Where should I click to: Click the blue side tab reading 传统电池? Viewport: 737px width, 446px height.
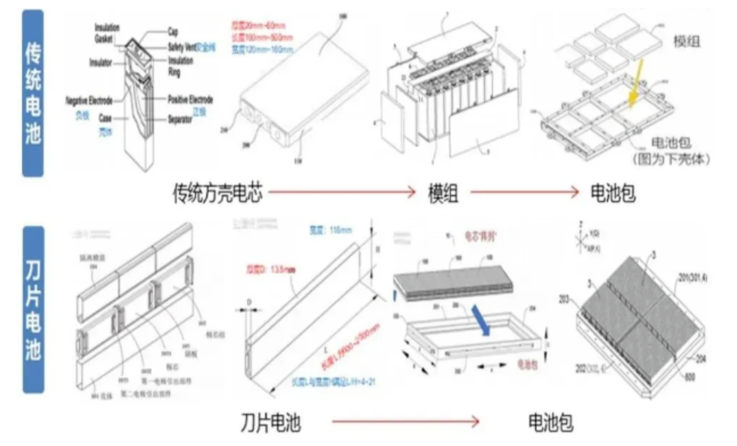point(34,93)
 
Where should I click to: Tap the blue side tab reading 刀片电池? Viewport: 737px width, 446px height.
point(34,306)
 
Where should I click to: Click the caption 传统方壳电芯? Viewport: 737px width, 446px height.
point(217,194)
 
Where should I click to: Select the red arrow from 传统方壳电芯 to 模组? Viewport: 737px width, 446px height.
point(341,192)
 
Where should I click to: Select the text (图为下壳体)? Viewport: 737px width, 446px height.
point(670,159)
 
